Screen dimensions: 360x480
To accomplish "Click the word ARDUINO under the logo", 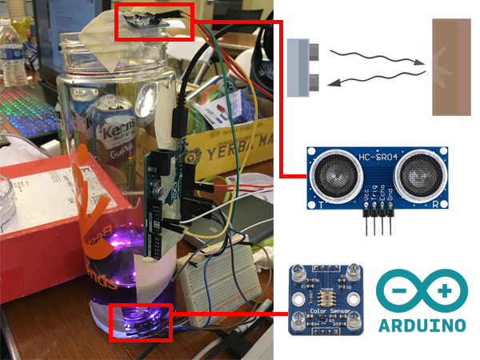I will [422, 326].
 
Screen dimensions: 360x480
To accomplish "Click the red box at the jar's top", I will [156, 22].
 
